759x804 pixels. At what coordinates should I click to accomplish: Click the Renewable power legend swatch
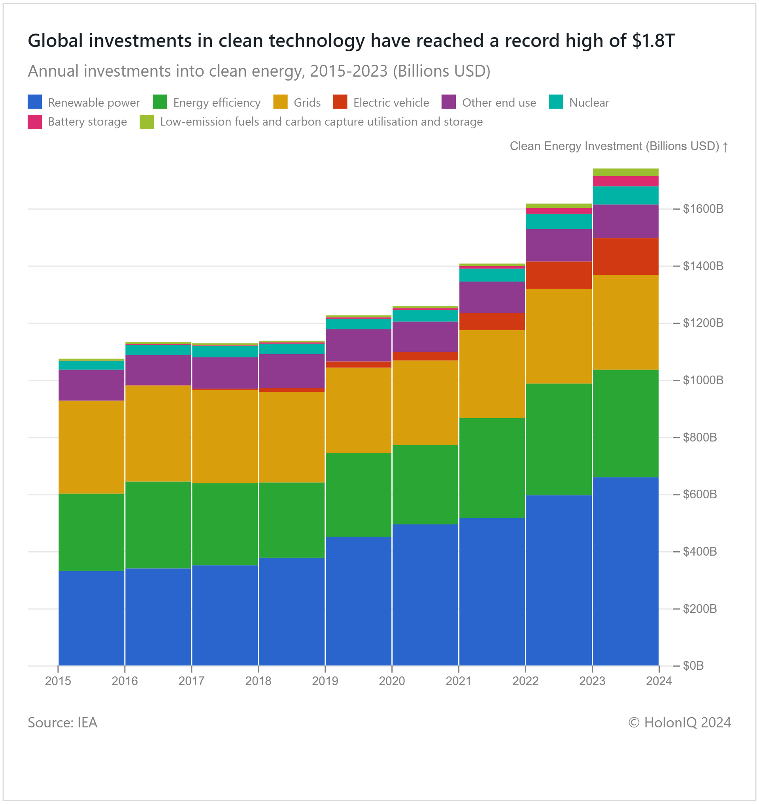[x=34, y=102]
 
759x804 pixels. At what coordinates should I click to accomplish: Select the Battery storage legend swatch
[x=34, y=122]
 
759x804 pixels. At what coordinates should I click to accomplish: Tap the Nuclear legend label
[x=589, y=103]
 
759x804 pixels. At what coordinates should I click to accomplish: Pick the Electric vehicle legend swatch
[x=340, y=102]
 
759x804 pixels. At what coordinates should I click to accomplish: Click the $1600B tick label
[x=703, y=209]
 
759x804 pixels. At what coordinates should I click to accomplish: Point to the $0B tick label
[x=693, y=666]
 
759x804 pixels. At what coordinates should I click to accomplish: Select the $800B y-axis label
[x=699, y=438]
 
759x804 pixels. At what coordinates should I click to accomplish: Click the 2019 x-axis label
[x=325, y=681]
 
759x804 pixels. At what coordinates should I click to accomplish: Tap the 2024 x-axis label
[x=659, y=681]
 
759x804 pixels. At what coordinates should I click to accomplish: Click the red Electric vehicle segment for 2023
[x=625, y=256]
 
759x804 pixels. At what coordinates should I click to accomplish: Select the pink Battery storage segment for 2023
[x=625, y=181]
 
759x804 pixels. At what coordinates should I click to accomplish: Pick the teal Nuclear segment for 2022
[x=559, y=221]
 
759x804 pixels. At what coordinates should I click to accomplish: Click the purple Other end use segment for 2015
[x=91, y=385]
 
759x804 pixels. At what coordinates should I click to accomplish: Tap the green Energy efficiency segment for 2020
[x=425, y=485]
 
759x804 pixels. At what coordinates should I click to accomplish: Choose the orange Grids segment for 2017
[x=225, y=437]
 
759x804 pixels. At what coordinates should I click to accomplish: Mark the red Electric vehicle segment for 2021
[x=492, y=321]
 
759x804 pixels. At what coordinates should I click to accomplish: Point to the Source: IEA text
[x=62, y=723]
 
